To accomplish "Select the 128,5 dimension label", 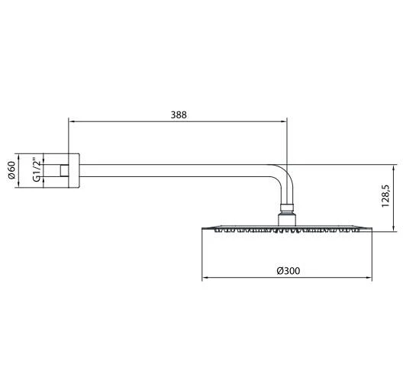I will [386, 196].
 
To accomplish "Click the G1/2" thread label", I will [36, 171].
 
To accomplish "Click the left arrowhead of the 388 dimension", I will [72, 121].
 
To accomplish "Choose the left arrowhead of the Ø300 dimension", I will [205, 279].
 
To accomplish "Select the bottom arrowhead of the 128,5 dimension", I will [392, 226].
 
